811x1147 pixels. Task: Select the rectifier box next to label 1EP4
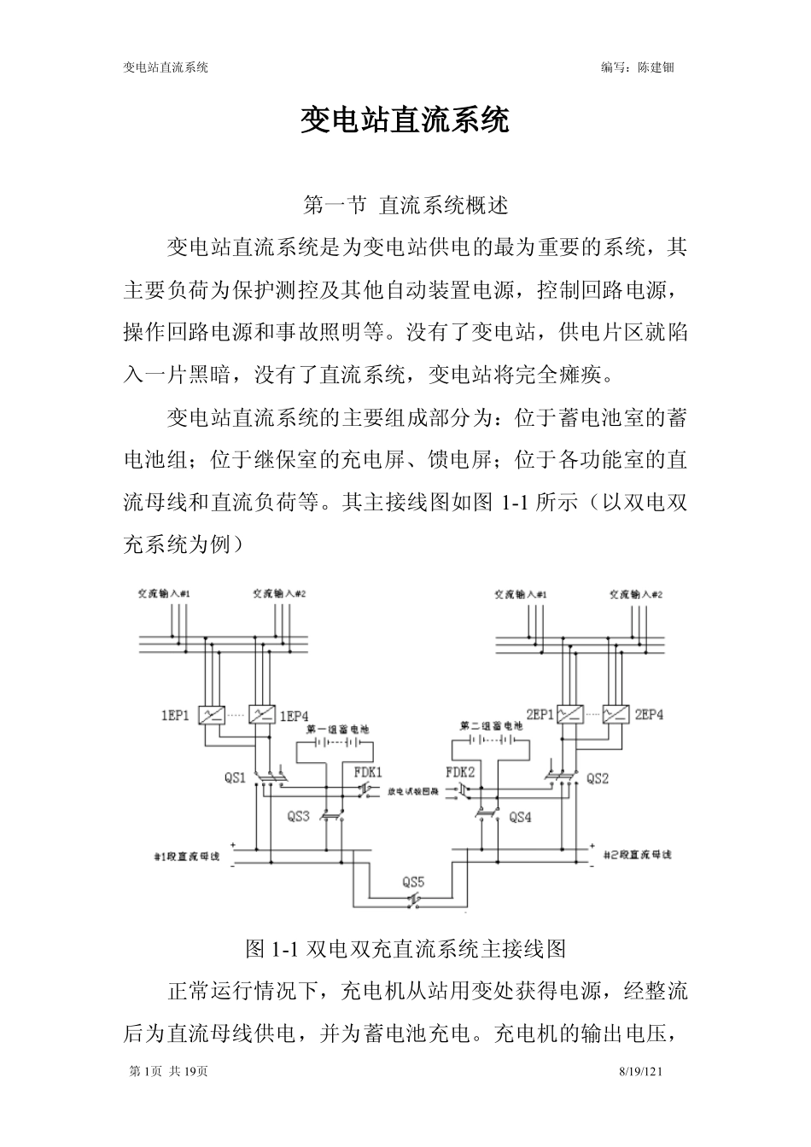click(x=261, y=715)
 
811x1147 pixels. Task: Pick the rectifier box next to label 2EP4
click(x=615, y=714)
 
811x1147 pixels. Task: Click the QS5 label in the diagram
click(x=413, y=882)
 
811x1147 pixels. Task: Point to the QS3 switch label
click(x=298, y=817)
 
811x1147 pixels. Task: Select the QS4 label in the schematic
click(x=520, y=817)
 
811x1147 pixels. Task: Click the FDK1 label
click(x=369, y=771)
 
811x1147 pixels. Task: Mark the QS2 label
click(x=597, y=778)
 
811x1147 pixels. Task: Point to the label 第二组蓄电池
click(x=492, y=725)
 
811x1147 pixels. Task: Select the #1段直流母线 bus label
click(x=186, y=855)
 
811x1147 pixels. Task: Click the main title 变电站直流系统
click(x=405, y=121)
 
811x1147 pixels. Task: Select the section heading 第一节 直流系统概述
click(x=405, y=206)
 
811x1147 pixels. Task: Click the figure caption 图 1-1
click(x=405, y=948)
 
